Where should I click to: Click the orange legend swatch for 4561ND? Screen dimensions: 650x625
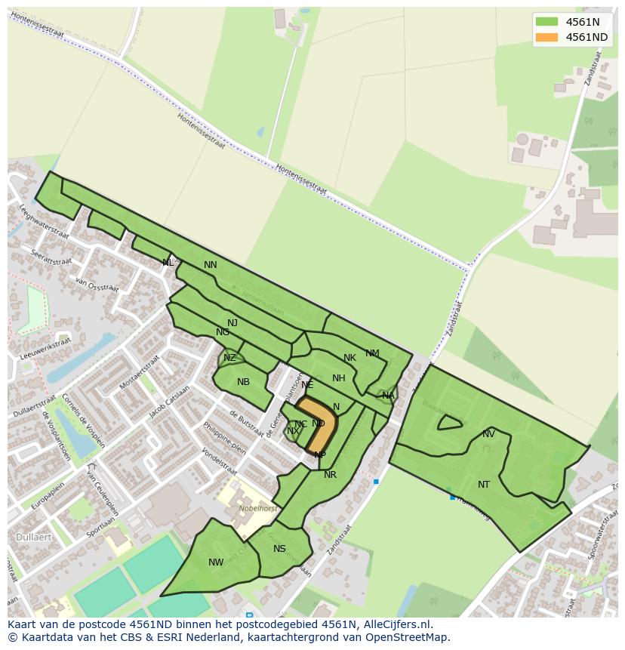tap(546, 37)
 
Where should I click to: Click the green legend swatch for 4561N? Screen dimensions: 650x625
tap(546, 21)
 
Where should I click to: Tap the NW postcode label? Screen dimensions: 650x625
tap(216, 562)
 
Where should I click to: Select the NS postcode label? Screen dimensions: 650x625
tap(280, 549)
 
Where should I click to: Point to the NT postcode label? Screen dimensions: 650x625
tap(484, 485)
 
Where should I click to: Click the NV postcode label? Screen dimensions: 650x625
tap(488, 434)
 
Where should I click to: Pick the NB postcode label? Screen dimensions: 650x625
tap(243, 382)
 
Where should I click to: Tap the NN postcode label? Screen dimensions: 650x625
tap(211, 265)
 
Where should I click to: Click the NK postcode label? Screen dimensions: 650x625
tap(349, 358)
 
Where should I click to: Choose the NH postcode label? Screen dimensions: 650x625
tap(339, 378)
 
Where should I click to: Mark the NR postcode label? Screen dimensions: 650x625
tap(330, 475)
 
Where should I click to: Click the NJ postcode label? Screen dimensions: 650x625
tap(232, 323)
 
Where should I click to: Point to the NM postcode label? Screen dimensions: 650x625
tap(372, 353)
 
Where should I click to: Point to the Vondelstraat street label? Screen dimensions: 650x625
tap(220, 463)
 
